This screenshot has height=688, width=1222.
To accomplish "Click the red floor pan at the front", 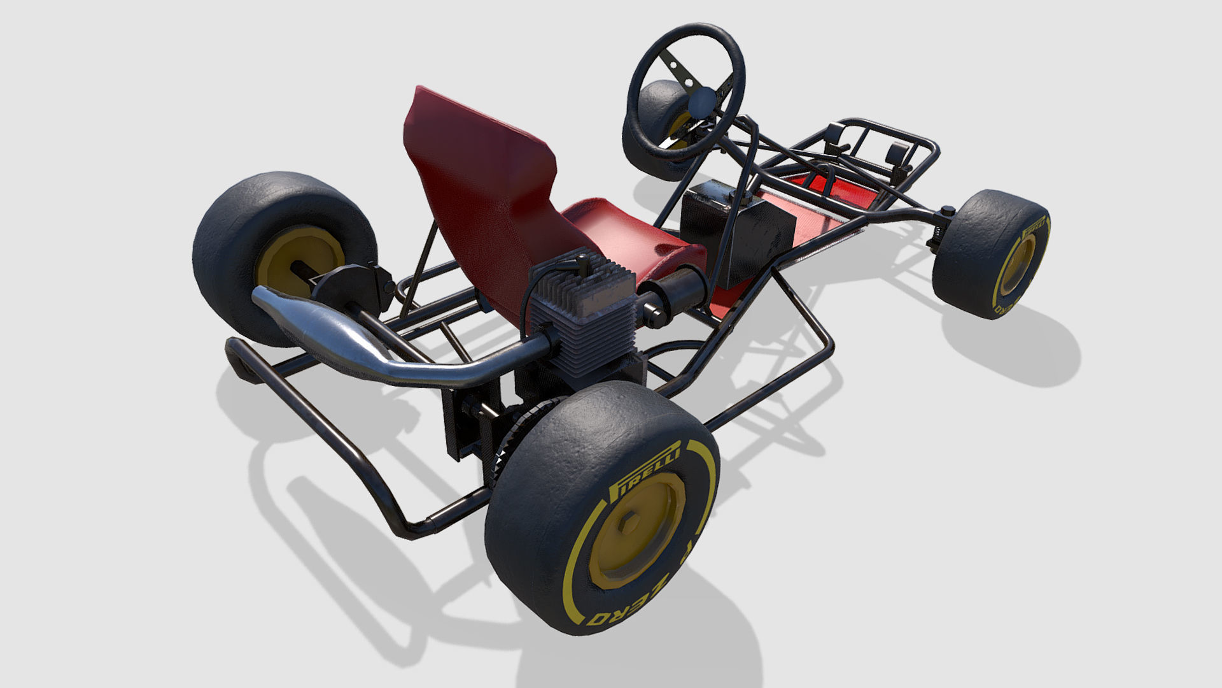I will tap(827, 191).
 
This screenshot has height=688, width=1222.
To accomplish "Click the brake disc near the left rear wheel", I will tap(347, 287).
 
